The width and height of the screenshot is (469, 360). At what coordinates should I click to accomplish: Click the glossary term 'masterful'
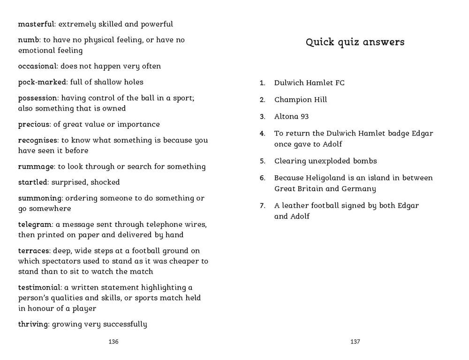coord(36,24)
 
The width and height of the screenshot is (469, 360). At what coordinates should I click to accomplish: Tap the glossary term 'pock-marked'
coord(42,82)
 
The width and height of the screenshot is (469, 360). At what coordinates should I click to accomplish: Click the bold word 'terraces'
coord(34,251)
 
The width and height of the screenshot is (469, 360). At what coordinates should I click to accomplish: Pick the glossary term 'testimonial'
coord(39,287)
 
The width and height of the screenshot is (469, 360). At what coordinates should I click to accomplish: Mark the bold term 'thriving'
coord(33,324)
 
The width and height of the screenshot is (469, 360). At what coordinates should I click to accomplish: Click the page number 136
coord(113,342)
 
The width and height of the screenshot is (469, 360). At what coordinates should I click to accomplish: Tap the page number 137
coord(355,342)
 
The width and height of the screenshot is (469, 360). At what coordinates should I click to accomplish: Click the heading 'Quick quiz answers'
coord(355,42)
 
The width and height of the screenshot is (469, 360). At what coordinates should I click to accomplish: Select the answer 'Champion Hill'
coord(301,99)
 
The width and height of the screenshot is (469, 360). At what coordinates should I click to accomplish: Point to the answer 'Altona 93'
coord(291,116)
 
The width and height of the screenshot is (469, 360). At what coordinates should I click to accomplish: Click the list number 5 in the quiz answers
coord(263,161)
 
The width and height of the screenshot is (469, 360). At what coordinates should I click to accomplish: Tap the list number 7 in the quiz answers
coord(263,206)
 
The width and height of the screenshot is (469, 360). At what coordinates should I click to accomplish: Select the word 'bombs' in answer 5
coord(365,161)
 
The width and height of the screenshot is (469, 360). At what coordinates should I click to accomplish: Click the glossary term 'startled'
coord(33,182)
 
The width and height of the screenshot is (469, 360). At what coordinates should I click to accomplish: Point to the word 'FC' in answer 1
coord(340,83)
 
